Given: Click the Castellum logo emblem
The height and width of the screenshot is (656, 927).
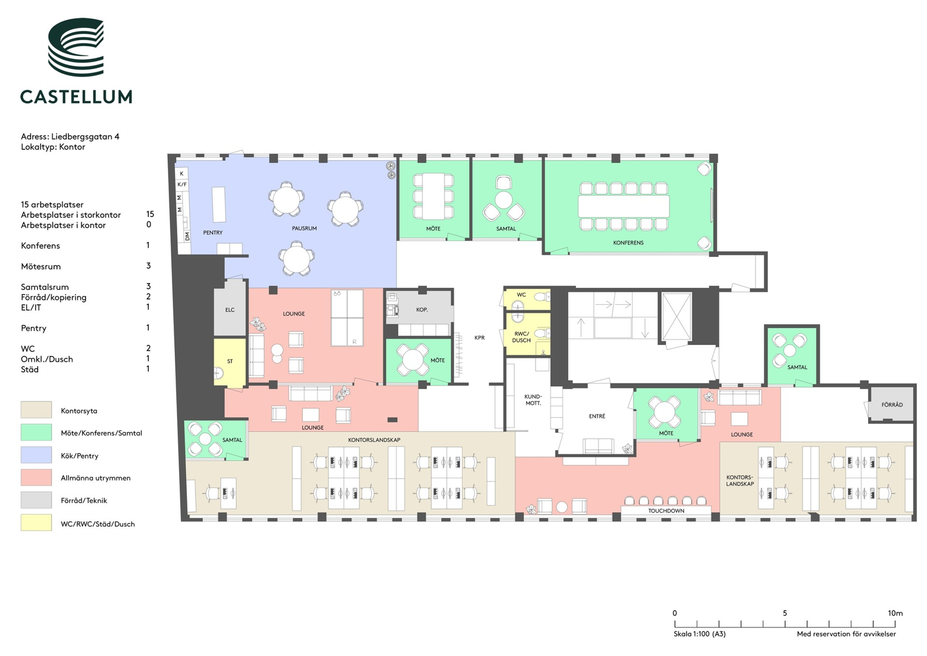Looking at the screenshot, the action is (76, 47).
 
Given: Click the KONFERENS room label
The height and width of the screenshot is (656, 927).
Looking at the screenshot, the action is (628, 243).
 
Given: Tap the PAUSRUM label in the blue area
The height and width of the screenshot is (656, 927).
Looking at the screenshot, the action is (304, 228).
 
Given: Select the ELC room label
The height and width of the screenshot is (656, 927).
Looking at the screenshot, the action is (229, 310).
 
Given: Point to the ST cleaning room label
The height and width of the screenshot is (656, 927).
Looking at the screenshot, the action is (230, 361).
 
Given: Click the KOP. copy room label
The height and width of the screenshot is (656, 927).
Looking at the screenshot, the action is (422, 309).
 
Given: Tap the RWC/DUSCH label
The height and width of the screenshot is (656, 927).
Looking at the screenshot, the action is (521, 337).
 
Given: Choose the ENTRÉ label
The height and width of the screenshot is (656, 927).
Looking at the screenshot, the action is (597, 416).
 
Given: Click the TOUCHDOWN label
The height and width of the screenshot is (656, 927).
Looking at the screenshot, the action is (667, 511).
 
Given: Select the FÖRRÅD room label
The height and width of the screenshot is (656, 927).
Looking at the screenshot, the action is (892, 405).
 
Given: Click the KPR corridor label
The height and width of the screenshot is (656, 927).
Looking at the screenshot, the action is (480, 338).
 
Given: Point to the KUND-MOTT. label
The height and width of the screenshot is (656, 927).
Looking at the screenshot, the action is (533, 400).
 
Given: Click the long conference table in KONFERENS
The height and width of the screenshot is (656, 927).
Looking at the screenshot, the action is (623, 207).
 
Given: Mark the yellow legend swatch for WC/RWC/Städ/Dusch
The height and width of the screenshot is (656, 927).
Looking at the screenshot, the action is (36, 522).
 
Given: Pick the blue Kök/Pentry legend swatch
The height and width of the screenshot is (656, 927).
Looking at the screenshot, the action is (36, 455).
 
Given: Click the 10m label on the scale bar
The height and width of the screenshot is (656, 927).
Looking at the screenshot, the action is (895, 613).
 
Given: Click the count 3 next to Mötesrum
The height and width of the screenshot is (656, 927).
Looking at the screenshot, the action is (149, 265).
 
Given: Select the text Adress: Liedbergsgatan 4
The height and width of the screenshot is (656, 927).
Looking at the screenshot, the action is (70, 137).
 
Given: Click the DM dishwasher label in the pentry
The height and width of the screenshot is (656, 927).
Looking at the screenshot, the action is (188, 236).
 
